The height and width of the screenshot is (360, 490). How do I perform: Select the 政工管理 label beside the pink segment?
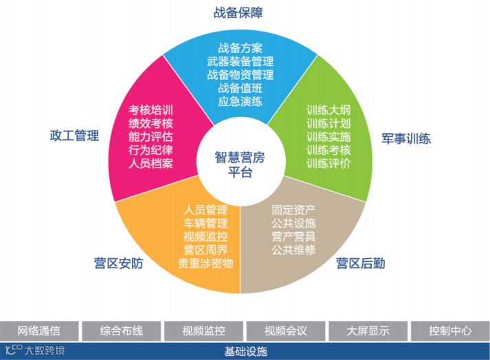[x=75, y=135]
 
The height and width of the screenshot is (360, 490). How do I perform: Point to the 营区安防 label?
[x=118, y=262]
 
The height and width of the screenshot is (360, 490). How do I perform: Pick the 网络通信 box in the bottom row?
[x=40, y=330]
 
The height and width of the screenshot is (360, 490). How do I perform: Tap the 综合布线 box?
[x=122, y=330]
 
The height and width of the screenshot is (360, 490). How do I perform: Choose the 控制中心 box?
[x=450, y=330]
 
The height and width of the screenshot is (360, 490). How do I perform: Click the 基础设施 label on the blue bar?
[x=245, y=351]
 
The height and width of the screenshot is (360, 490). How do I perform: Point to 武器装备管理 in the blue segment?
[x=240, y=61]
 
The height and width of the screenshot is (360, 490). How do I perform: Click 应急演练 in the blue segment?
[x=240, y=101]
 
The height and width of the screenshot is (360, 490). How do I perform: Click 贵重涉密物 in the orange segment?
[x=205, y=263]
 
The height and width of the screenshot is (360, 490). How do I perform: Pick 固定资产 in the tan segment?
[x=293, y=210]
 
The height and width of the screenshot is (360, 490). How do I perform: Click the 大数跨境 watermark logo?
[x=34, y=350]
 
